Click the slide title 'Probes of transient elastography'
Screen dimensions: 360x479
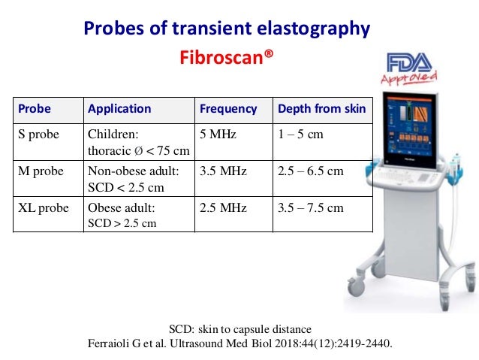(226, 29)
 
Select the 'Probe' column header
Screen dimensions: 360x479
(35, 109)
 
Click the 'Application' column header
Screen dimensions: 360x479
(119, 109)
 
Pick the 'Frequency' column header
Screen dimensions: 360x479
(228, 109)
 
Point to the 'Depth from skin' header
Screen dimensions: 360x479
(321, 109)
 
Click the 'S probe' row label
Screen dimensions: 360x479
(39, 135)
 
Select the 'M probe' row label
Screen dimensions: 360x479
(41, 171)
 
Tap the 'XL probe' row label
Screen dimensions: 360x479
(43, 207)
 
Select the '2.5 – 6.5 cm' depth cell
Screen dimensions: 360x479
(310, 171)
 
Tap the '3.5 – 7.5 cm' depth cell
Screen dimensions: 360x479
(310, 207)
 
